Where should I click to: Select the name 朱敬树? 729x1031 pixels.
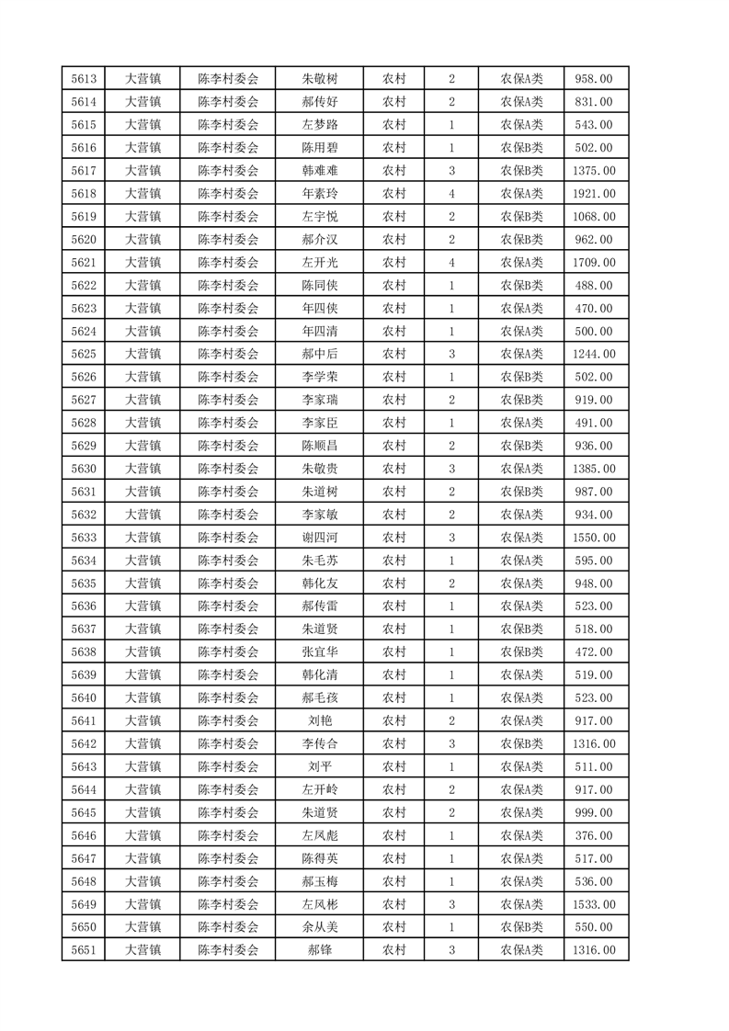point(319,79)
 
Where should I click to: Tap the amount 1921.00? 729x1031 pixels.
point(594,194)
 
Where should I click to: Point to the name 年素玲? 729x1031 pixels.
point(319,194)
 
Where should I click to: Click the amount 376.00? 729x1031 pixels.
point(594,835)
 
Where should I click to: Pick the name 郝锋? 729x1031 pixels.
point(319,950)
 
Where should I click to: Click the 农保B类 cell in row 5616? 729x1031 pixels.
point(521,148)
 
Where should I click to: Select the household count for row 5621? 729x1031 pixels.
point(451,263)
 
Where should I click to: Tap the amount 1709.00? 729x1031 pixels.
point(594,263)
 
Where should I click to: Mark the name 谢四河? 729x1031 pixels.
point(319,538)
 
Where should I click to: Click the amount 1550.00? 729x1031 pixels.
point(594,538)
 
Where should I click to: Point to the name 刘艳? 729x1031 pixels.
point(319,721)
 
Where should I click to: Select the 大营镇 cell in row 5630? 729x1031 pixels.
point(142,469)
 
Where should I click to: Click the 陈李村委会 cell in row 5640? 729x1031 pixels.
point(229,698)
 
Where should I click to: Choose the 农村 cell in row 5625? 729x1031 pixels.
point(393,354)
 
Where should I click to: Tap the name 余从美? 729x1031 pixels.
point(319,927)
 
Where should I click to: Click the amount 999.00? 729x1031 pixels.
point(594,812)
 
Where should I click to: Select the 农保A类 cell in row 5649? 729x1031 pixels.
point(521,904)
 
